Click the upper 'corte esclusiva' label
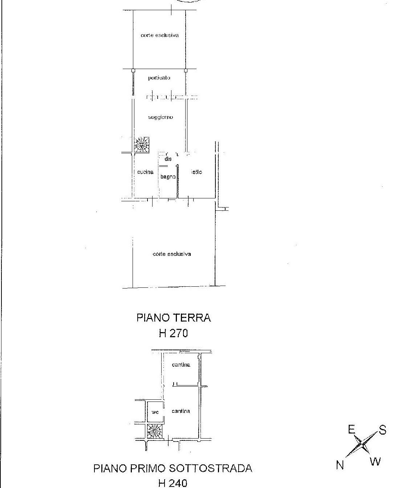[159, 35]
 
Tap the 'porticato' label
[159, 78]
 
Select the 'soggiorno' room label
[161, 117]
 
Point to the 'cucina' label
[145, 172]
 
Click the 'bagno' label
[168, 177]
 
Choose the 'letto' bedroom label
[196, 172]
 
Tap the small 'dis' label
[168, 159]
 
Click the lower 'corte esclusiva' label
[172, 254]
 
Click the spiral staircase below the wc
[155, 432]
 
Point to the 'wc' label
[155, 412]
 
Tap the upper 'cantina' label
[181, 364]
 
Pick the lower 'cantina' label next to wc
[181, 411]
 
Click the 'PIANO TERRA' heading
[174, 318]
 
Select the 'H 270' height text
[173, 333]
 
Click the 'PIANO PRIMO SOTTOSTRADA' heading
[173, 468]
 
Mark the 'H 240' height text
[173, 483]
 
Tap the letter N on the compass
[340, 465]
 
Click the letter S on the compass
[382, 431]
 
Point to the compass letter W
[375, 461]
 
